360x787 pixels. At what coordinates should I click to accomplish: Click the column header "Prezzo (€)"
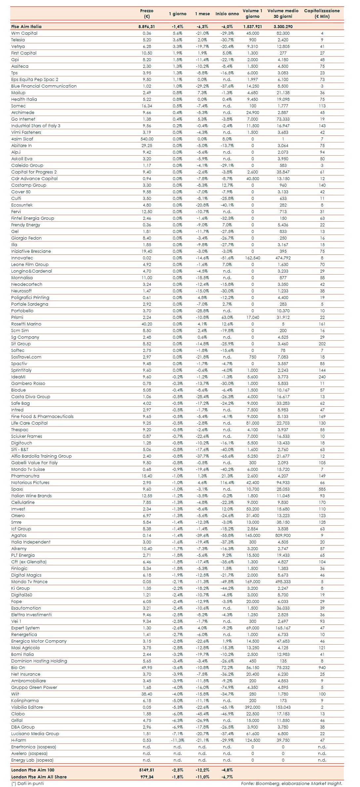147,14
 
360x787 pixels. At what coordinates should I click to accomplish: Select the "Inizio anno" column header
227,14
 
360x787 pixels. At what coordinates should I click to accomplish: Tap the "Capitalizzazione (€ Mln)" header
322,14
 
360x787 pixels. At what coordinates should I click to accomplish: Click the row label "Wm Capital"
24,33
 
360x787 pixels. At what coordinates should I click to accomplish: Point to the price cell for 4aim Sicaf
147,139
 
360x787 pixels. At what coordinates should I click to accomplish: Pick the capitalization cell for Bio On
322,668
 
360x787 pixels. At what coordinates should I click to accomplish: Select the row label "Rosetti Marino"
26,324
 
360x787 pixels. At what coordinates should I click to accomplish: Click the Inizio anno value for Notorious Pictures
227,483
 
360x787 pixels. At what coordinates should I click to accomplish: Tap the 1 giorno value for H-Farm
178,740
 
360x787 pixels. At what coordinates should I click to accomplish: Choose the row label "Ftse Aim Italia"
26,27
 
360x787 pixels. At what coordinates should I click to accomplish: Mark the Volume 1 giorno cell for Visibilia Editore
253,707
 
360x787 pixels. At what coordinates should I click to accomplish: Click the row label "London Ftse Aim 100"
33,770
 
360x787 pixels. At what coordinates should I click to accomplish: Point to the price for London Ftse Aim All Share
147,777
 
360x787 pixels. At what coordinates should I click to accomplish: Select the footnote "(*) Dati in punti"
27,783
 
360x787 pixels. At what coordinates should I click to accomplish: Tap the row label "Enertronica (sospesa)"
34,747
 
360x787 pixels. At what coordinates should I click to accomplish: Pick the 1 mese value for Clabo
202,714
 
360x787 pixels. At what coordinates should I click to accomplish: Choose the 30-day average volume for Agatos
283,536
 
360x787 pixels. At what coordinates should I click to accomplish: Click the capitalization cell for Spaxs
322,489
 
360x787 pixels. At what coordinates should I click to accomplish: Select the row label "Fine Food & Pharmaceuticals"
42,417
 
